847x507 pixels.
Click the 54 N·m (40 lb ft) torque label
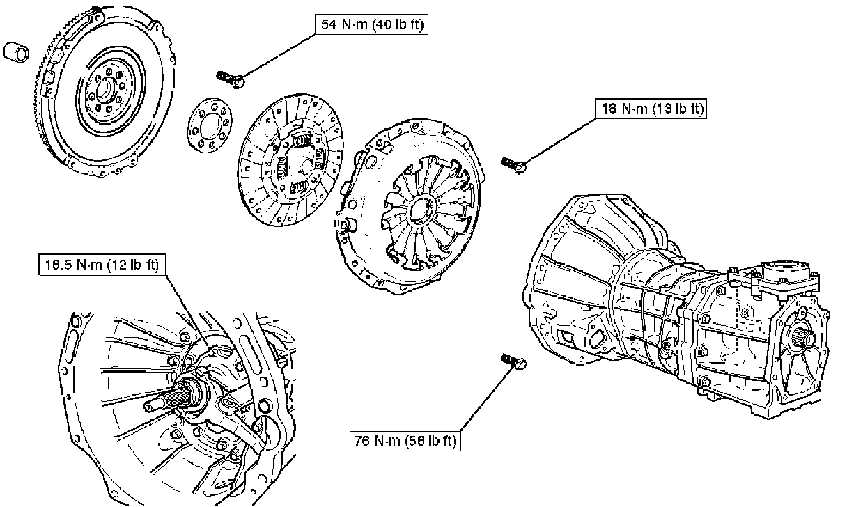click(x=372, y=25)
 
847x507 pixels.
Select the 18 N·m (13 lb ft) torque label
click(x=651, y=109)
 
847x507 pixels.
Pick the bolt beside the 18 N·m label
click(x=513, y=164)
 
